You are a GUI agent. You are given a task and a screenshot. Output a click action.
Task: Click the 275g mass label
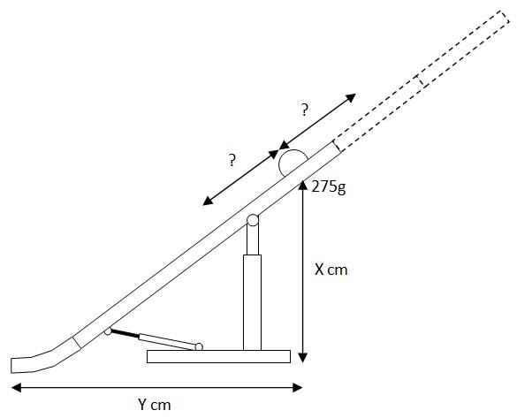(329, 187)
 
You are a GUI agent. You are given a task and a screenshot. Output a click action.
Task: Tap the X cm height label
(331, 270)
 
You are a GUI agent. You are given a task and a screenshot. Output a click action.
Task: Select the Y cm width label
(155, 404)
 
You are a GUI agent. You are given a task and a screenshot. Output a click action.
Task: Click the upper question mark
(305, 110)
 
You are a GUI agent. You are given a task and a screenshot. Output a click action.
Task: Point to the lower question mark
(232, 160)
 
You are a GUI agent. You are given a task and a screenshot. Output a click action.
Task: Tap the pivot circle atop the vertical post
(253, 220)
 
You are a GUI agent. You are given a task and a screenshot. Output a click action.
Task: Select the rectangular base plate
(218, 356)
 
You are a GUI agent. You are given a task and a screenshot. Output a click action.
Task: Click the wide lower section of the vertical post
(252, 302)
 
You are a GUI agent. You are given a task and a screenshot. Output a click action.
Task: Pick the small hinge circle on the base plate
(199, 346)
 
